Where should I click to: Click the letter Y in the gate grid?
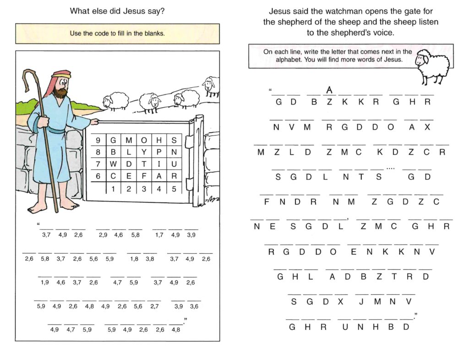[144, 151]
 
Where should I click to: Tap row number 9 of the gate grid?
[98, 140]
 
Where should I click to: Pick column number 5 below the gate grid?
[174, 188]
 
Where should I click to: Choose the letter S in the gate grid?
[174, 140]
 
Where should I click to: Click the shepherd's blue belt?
[56, 131]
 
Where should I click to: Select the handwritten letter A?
[329, 89]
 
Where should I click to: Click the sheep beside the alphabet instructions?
[432, 65]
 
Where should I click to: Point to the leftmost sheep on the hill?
[115, 101]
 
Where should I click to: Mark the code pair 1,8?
[134, 259]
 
